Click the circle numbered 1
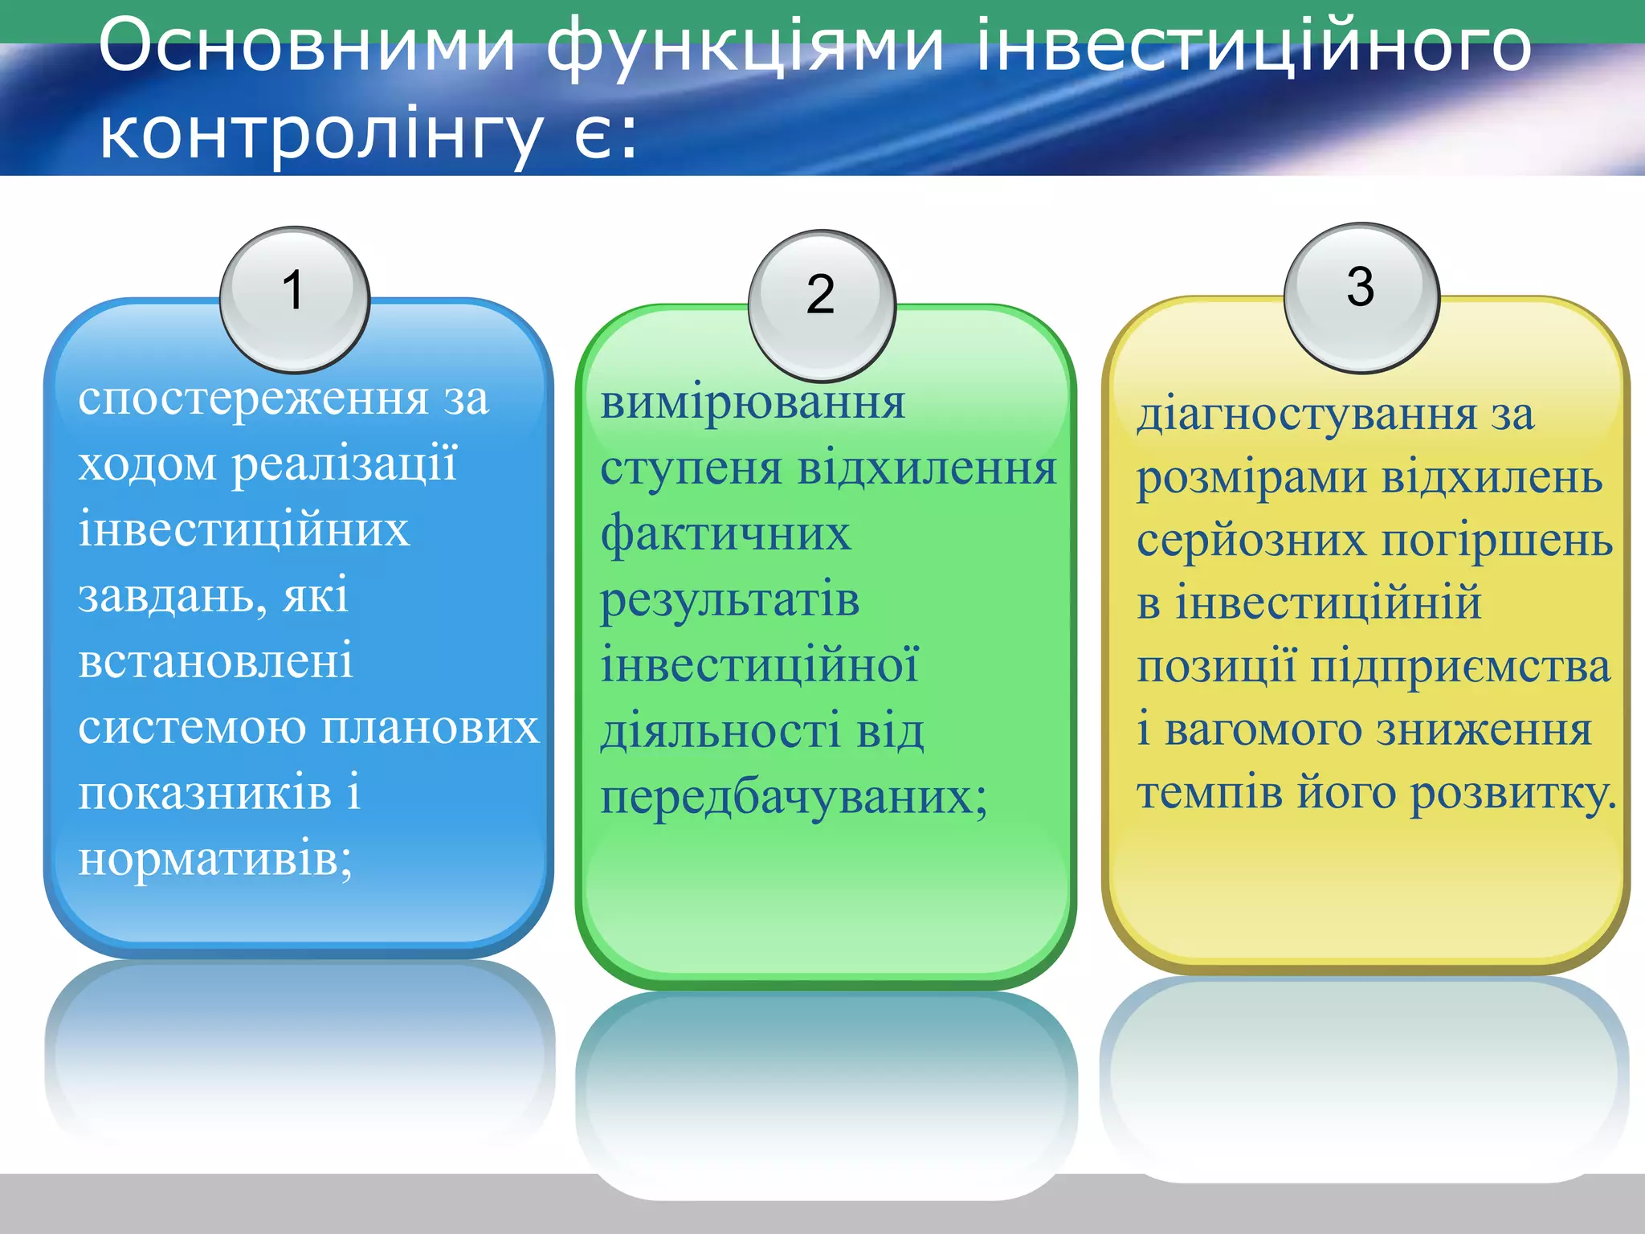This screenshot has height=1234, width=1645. pos(294,299)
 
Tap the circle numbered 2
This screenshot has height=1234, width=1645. pos(822,304)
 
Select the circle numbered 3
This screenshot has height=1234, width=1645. pos(1361,297)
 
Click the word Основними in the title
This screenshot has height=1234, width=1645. pos(306,47)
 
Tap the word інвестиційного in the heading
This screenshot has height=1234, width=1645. pos(1254,47)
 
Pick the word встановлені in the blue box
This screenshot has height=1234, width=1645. pos(215,662)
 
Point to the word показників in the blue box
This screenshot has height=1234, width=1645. pos(204,793)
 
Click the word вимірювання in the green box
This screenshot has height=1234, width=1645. pos(753,402)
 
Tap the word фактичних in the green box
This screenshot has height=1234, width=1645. pos(725,534)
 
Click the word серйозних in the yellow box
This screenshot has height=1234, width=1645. pos(1251,541)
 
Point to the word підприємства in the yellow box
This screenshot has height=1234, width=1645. pos(1460,667)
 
